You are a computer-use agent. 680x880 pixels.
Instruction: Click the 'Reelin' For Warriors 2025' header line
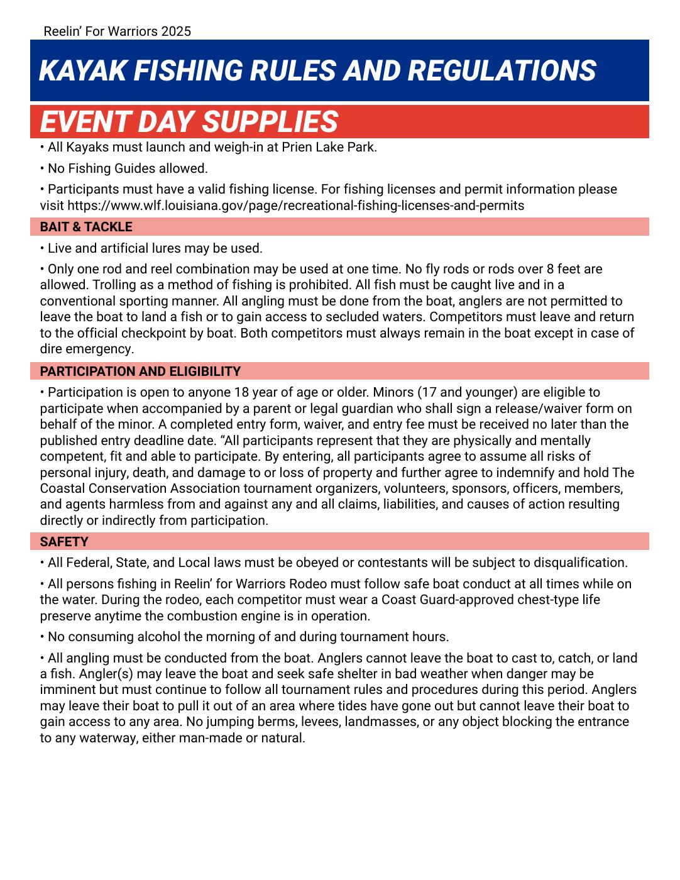pos(118,31)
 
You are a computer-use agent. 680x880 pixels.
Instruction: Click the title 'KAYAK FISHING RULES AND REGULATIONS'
pos(317,70)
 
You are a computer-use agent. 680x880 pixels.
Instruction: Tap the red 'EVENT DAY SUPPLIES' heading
pos(189,121)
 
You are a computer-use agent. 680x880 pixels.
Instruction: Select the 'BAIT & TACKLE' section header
pos(86,227)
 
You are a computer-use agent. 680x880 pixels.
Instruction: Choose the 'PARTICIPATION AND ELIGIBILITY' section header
pos(140,371)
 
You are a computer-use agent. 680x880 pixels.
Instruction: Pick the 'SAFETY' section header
pos(64,542)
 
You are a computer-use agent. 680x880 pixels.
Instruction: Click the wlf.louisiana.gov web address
pos(295,206)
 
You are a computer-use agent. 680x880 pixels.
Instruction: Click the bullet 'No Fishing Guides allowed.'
pos(128,168)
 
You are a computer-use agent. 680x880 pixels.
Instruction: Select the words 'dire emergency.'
pos(87,349)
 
